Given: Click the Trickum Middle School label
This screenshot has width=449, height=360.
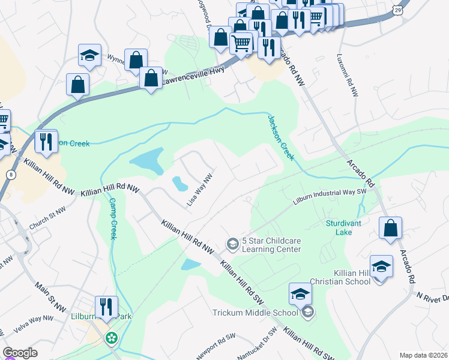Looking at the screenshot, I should click(255, 313).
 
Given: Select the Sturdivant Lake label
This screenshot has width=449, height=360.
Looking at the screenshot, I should click(343, 227).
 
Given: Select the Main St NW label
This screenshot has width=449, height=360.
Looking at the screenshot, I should click(51, 298).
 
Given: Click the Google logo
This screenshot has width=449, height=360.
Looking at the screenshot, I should click(20, 353).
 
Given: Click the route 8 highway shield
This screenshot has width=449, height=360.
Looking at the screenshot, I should click(10, 174).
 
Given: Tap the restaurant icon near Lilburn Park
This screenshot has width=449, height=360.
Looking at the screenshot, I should click(106, 306).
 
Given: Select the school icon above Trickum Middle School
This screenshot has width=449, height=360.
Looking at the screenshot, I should click(301, 293).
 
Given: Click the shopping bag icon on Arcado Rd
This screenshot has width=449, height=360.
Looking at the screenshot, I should click(390, 228).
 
